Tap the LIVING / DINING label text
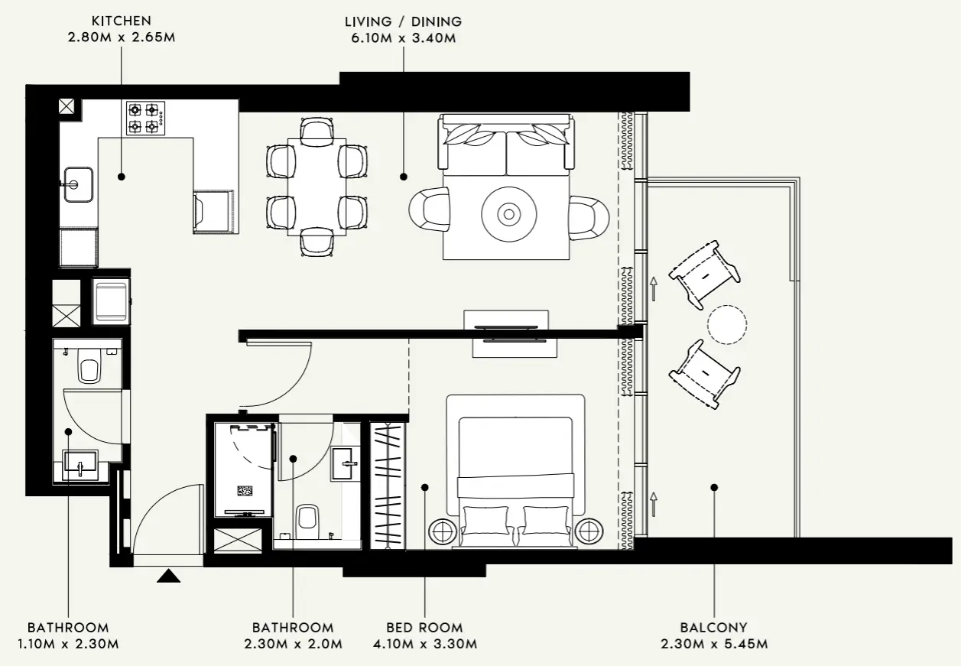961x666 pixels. click(403, 21)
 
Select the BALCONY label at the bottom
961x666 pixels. click(713, 627)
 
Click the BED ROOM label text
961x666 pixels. click(424, 627)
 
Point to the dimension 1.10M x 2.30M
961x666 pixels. click(68, 644)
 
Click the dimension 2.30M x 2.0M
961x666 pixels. click(293, 644)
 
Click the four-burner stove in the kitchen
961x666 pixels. click(145, 118)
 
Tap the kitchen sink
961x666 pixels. click(77, 184)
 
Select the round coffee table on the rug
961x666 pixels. click(507, 213)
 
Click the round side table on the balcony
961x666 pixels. click(727, 325)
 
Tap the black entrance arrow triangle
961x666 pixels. click(168, 575)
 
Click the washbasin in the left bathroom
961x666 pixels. click(80, 463)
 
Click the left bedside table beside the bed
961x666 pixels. click(443, 530)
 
